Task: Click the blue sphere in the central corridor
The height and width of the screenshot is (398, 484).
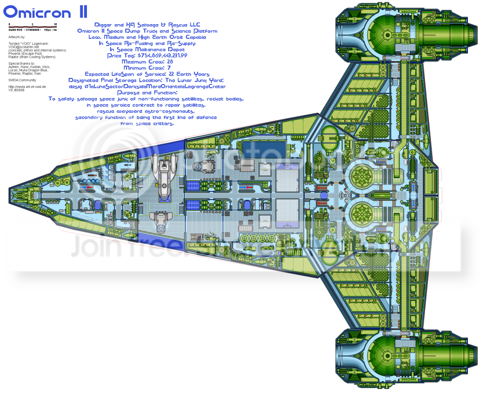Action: tap(324, 195)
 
